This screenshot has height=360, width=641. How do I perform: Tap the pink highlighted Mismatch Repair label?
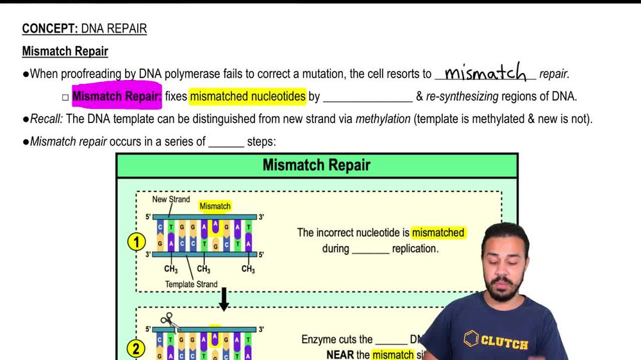coord(117,97)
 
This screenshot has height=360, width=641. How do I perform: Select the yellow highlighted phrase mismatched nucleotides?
coord(247,97)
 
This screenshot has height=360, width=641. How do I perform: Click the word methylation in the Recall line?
coord(383,119)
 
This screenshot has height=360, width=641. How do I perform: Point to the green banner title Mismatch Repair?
coord(317,165)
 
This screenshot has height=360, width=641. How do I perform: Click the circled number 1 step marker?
coord(136,242)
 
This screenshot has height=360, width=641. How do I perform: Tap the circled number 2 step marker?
coord(136,349)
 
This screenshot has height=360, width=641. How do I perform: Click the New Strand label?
coord(171,199)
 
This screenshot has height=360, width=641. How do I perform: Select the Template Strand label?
coord(191,284)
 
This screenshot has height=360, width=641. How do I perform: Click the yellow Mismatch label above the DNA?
coord(215,206)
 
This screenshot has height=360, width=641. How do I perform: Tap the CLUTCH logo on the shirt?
coord(497,341)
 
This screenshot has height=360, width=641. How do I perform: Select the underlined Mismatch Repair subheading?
coord(65,51)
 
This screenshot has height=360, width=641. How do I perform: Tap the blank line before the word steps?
coord(226,142)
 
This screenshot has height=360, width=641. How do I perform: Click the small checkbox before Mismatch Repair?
coord(65,97)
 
